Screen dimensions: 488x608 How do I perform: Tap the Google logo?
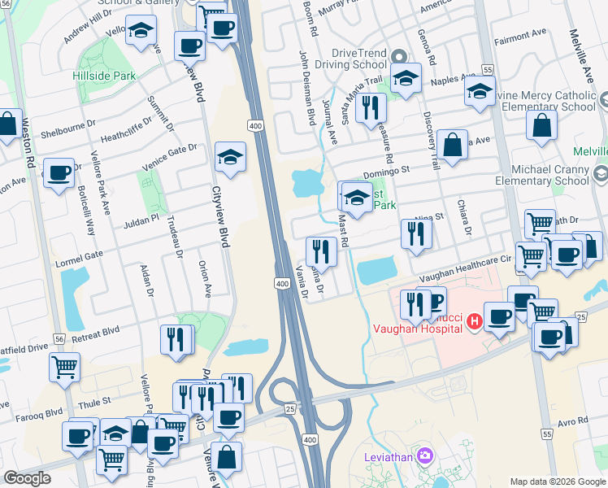tap(27, 477)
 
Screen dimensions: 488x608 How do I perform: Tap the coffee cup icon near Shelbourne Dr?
tap(59, 173)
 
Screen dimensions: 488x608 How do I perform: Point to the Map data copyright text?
tap(557, 481)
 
